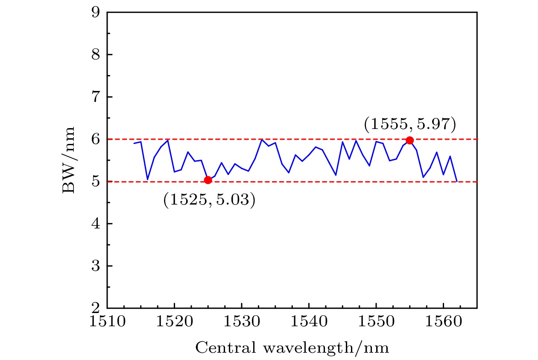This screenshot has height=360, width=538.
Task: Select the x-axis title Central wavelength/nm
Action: (292, 348)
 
